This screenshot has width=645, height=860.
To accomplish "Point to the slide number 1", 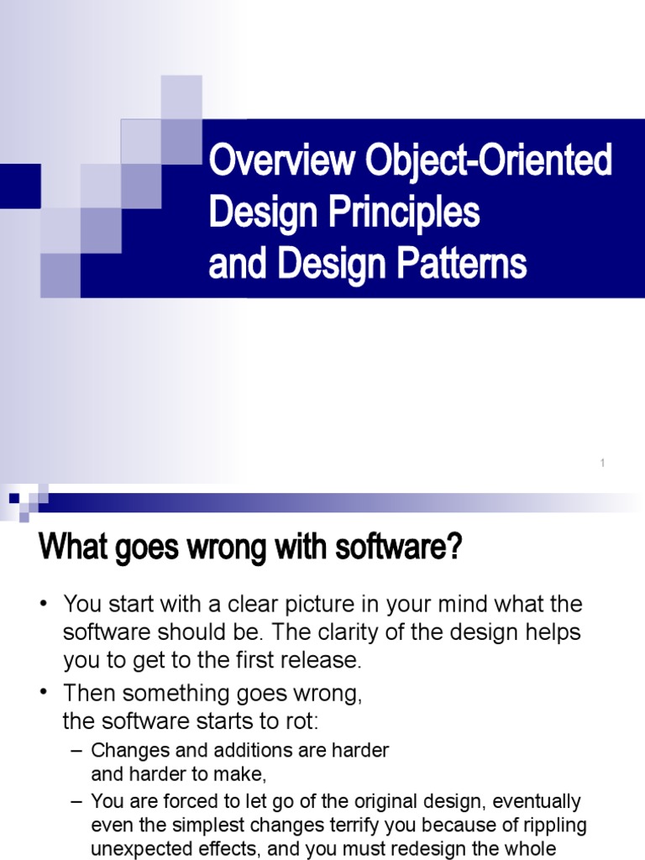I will [x=603, y=464].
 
